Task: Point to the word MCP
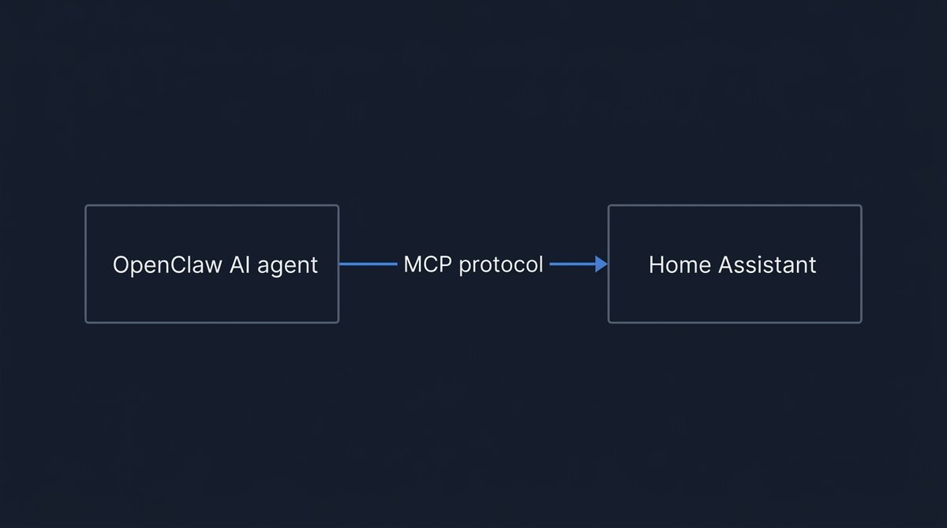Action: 427,264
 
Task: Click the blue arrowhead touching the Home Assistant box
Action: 602,264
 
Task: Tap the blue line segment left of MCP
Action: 368,264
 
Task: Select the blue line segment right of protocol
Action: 572,264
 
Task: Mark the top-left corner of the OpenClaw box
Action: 86,206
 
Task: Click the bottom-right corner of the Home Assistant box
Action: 861,322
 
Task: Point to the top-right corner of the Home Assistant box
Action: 861,206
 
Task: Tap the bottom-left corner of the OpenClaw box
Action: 86,322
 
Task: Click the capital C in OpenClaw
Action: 183,265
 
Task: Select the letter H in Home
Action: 657,265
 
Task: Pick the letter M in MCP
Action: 413,264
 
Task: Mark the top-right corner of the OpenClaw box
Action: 338,206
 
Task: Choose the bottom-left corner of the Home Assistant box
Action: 608,322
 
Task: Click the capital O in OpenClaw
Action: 122,265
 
